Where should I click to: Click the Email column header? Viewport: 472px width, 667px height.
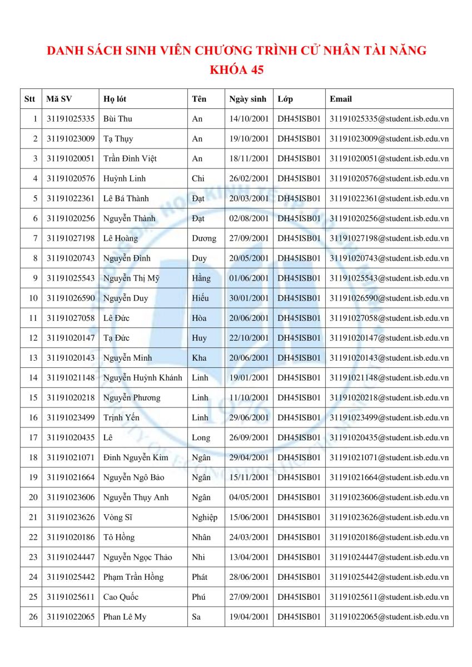click(341, 99)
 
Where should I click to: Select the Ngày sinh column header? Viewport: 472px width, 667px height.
click(248, 99)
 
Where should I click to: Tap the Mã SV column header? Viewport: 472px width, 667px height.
click(59, 99)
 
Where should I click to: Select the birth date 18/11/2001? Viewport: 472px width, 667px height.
click(249, 158)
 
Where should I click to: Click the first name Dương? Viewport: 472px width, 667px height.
click(203, 238)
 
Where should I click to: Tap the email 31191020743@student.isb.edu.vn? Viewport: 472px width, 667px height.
click(389, 258)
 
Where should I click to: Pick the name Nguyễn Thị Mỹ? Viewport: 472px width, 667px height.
click(131, 278)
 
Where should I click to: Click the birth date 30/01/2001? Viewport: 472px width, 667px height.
click(249, 298)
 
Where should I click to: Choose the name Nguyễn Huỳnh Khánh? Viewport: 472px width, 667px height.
click(143, 378)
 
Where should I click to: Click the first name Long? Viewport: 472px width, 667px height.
click(201, 438)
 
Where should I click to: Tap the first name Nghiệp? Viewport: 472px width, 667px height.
click(204, 517)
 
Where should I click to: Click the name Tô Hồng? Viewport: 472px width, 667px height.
click(119, 537)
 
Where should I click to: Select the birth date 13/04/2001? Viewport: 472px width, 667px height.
click(249, 558)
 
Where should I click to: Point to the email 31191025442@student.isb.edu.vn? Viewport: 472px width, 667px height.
click(389, 578)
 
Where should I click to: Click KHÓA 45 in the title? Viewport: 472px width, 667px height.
click(236, 71)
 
